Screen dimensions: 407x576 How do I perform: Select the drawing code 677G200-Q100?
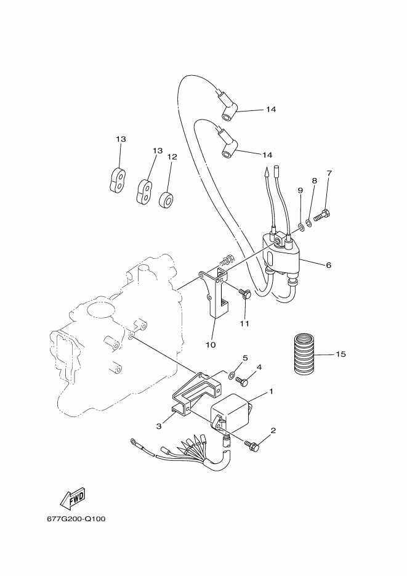pos(76,519)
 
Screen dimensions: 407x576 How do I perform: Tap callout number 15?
pos(341,354)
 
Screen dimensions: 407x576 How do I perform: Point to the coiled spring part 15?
pos(305,354)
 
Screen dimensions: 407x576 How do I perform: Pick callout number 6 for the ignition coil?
pos(328,265)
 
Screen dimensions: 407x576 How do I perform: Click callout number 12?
pos(172,157)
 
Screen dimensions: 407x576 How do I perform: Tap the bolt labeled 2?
pos(252,445)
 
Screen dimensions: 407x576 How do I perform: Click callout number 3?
pos(159,426)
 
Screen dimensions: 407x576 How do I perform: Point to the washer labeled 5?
pos(232,375)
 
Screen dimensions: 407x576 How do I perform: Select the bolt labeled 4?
pos(242,381)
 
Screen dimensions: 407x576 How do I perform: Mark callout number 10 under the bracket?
pos(211,344)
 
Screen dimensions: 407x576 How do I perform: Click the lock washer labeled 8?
pos(308,222)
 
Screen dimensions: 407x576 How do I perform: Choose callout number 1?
pos(271,392)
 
